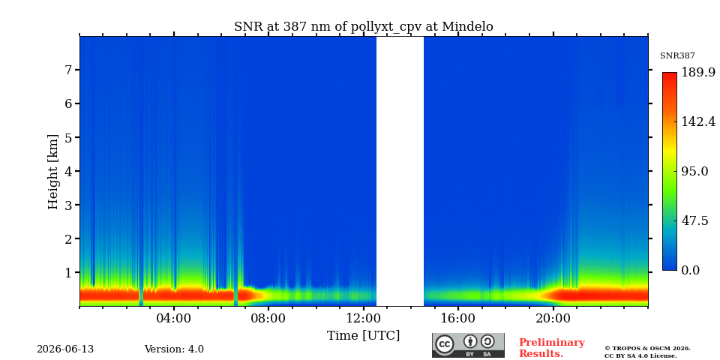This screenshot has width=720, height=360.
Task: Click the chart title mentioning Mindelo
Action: [364, 27]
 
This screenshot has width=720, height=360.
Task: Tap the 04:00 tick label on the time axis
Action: [174, 319]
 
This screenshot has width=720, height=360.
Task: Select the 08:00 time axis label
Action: [269, 319]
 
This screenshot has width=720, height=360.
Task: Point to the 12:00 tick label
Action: [364, 319]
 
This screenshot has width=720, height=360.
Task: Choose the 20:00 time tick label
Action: [553, 319]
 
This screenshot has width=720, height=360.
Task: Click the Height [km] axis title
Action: [53, 172]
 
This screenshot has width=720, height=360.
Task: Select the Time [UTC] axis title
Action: [363, 336]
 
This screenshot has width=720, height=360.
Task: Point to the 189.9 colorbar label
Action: [698, 72]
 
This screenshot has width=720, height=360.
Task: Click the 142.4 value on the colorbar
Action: [698, 121]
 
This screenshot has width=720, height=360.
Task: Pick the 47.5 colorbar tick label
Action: [694, 220]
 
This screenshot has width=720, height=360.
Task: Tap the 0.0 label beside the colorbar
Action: [690, 271]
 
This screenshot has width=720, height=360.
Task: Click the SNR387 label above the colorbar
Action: [677, 56]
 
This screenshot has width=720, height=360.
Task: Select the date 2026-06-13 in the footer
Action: [65, 349]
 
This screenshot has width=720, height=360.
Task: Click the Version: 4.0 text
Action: [174, 349]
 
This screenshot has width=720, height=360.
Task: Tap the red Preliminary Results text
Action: [552, 348]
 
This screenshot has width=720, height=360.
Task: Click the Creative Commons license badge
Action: [468, 345]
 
